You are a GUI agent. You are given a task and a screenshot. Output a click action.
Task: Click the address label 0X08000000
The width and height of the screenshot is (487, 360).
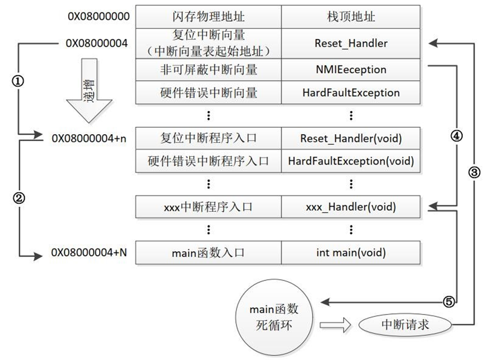(x=98, y=16)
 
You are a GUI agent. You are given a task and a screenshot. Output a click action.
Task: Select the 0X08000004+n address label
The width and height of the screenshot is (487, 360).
(x=89, y=137)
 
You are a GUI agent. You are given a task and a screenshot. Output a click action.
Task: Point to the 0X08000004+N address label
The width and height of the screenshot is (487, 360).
(x=89, y=252)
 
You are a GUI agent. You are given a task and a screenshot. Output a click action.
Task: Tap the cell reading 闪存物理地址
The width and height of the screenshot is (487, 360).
(x=208, y=16)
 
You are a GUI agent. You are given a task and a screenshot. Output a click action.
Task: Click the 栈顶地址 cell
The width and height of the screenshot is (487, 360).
(x=351, y=16)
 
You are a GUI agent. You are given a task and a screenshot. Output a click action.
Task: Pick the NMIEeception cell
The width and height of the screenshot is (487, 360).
(x=351, y=70)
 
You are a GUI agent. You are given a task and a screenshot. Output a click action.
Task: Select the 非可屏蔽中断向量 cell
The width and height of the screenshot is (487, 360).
(x=208, y=70)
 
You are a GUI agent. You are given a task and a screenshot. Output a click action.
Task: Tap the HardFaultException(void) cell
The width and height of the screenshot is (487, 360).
(x=351, y=161)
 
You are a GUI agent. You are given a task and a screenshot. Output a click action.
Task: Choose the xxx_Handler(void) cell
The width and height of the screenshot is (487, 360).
(x=351, y=207)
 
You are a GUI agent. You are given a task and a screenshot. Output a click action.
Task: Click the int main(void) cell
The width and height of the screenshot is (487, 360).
(x=351, y=253)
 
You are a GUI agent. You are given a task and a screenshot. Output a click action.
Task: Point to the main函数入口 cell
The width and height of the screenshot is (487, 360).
(x=208, y=253)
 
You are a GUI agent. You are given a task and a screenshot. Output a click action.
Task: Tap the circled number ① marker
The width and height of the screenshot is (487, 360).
(x=18, y=81)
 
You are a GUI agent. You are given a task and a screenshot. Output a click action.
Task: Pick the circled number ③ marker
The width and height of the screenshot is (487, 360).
(x=474, y=173)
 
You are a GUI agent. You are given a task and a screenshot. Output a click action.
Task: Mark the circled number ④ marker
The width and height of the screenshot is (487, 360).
(x=456, y=136)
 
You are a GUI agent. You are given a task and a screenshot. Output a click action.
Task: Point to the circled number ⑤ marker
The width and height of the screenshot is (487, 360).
(x=448, y=302)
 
